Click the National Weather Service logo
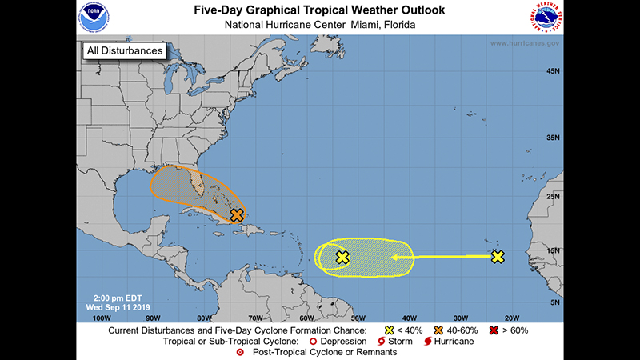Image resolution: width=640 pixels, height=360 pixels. pos(545,18)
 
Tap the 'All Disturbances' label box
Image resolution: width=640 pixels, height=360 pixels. pos(124,50)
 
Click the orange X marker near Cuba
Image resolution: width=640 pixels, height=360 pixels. pos(237,215)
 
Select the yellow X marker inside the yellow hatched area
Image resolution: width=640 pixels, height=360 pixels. pos(342,257)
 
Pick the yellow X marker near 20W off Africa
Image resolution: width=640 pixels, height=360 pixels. pos(498,257)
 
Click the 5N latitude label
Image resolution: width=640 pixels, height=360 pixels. pos(553,302)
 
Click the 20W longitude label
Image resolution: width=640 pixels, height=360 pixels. pos(513,317)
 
